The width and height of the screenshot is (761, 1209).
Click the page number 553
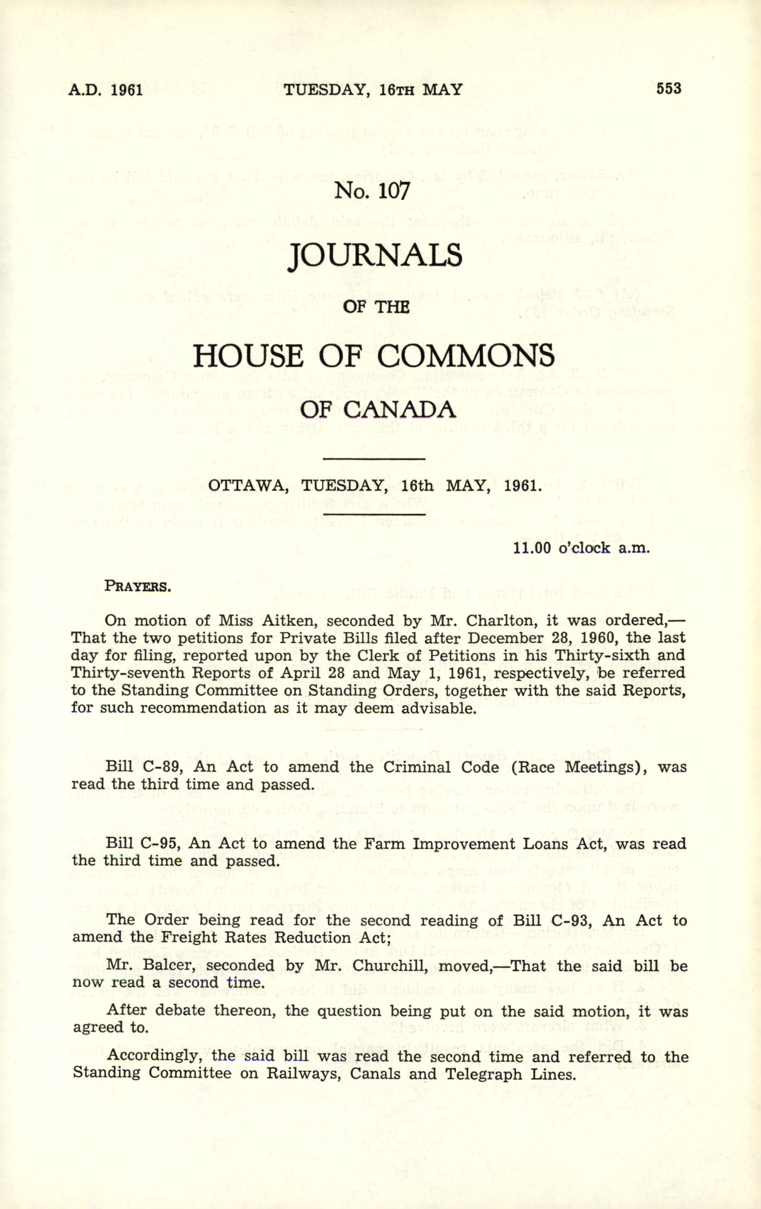(668, 89)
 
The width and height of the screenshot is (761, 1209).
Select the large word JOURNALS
(375, 255)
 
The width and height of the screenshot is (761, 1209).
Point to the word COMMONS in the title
(466, 356)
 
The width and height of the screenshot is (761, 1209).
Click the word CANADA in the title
(399, 410)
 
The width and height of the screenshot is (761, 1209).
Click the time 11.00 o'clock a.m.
(581, 548)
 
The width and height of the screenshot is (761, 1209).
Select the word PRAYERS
(137, 586)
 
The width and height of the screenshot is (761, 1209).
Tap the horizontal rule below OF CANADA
(375, 458)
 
